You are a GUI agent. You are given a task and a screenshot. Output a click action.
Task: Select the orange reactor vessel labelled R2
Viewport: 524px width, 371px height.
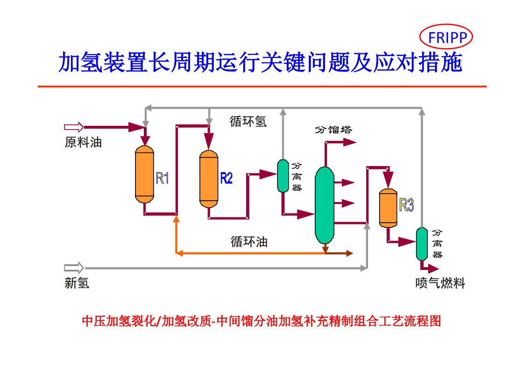(x=209, y=178)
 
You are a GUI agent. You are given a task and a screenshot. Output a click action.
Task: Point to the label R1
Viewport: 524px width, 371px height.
(x=163, y=178)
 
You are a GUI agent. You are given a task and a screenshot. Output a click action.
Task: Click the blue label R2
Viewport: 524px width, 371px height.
(x=227, y=178)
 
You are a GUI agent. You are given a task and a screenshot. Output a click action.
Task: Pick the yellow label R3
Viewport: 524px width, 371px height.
(x=406, y=205)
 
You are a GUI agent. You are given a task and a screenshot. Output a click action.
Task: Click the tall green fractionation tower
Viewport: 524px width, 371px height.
(x=324, y=204)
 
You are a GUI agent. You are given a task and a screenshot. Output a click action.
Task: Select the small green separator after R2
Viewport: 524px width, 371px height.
(x=283, y=175)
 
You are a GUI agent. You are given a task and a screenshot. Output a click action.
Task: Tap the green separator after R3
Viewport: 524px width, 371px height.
(x=422, y=243)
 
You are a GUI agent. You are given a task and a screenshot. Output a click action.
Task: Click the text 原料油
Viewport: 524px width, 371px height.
(x=83, y=142)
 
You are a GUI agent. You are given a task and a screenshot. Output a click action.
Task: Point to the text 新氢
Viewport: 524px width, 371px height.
(x=77, y=283)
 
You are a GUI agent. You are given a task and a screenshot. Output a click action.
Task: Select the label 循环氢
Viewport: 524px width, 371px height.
(x=248, y=122)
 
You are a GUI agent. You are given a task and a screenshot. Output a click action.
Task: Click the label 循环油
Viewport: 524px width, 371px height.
(x=249, y=242)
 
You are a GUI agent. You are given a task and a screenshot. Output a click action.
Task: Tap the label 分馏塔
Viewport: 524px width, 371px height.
(x=333, y=129)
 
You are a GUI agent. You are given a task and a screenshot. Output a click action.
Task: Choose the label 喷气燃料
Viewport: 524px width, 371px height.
(x=440, y=283)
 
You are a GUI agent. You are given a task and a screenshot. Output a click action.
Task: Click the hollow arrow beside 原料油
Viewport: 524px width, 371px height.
(x=74, y=127)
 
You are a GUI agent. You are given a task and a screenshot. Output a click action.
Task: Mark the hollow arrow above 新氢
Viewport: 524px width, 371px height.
(x=74, y=268)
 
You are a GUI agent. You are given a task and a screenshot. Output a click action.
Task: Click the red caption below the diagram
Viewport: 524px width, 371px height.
(x=262, y=321)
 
